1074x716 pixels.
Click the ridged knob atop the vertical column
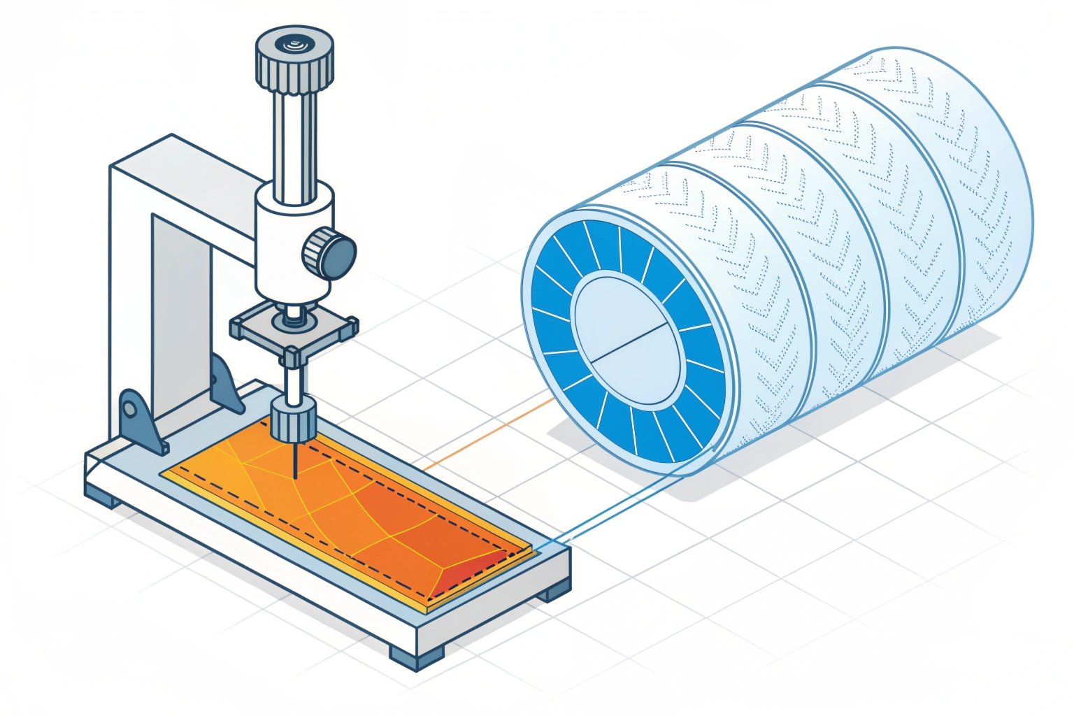(x=294, y=59)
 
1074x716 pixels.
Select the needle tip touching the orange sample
(x=294, y=475)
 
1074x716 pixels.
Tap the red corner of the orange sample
(x=489, y=566)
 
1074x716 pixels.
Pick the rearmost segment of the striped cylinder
(x=979, y=196)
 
